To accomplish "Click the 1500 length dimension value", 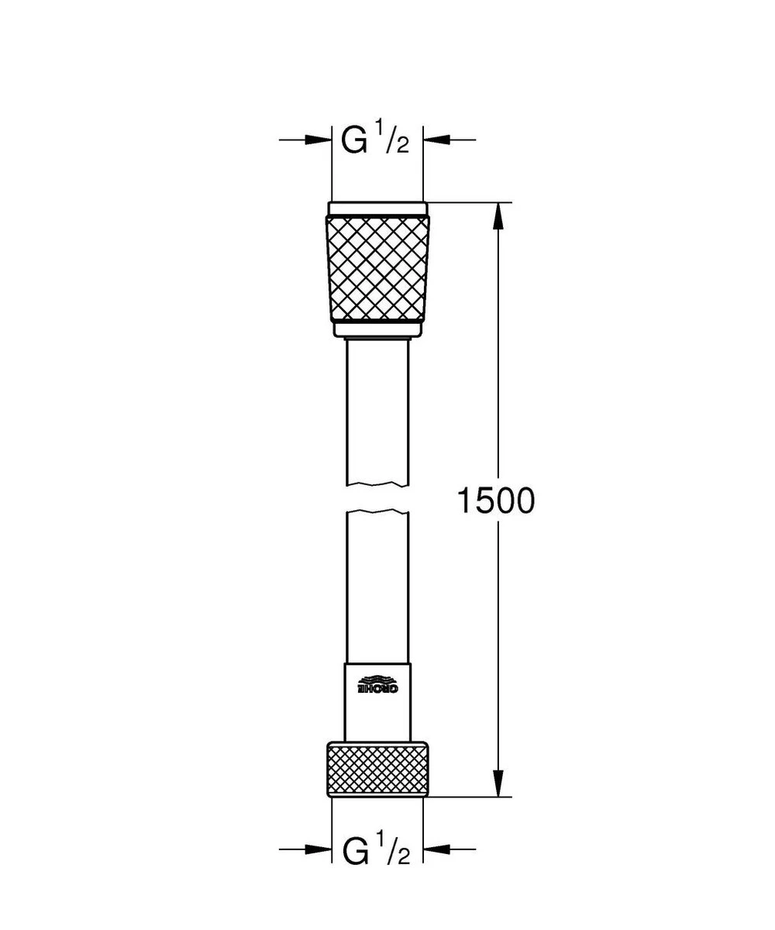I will (x=495, y=502).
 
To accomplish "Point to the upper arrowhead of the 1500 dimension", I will (x=499, y=216).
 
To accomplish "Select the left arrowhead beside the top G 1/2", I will (x=318, y=140).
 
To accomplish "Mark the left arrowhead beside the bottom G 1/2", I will (x=318, y=850).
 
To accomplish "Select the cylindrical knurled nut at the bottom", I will (x=377, y=768).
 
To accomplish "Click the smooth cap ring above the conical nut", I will (x=377, y=208).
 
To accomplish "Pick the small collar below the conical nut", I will (x=377, y=331).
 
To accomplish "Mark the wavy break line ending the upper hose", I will (x=377, y=485).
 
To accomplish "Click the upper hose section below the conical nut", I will (x=377, y=411).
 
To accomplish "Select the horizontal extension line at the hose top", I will (x=465, y=202).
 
